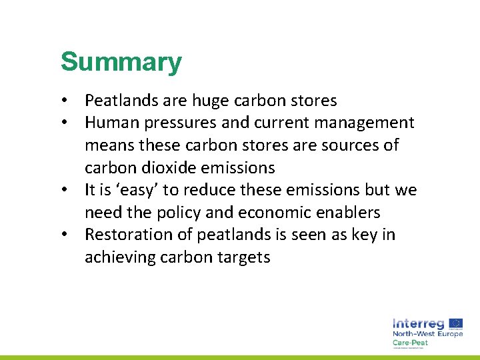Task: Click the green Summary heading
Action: click(x=121, y=62)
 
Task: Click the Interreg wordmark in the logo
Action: click(x=419, y=323)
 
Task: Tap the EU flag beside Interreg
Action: click(x=456, y=323)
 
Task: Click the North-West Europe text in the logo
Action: click(x=427, y=333)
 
